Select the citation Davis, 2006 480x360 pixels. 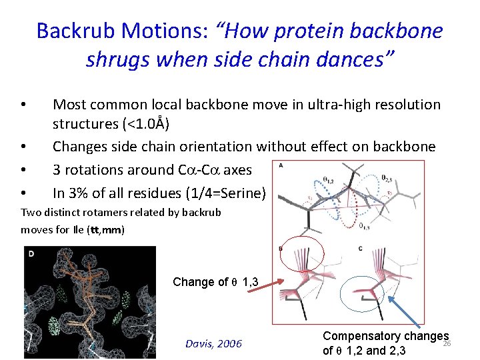(213, 344)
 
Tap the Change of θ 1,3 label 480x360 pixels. (215, 281)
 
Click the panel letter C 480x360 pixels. (360, 249)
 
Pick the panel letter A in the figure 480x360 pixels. (281, 166)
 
